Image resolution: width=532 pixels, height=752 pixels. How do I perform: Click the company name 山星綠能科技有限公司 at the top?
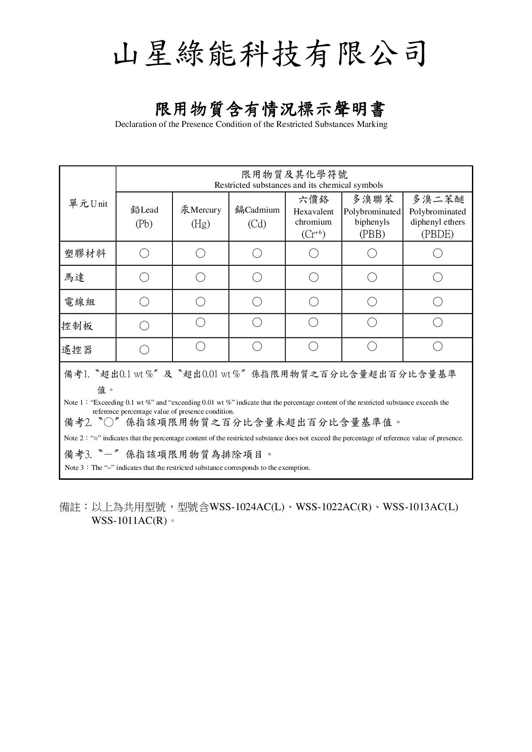click(270, 54)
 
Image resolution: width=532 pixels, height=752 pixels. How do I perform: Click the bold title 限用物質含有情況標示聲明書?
click(270, 110)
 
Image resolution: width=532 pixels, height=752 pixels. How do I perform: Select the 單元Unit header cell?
click(88, 204)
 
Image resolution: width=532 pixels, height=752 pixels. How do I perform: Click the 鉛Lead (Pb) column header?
click(144, 217)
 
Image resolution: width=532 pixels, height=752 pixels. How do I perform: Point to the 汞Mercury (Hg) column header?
click(200, 217)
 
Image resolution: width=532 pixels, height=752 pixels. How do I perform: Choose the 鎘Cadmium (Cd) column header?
click(257, 217)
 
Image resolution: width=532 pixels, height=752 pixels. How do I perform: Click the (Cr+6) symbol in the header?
click(313, 234)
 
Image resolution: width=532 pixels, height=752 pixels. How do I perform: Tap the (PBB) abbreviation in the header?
click(372, 234)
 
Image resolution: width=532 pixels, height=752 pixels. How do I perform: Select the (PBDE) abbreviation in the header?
click(437, 234)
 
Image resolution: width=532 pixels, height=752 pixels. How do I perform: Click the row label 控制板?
click(77, 326)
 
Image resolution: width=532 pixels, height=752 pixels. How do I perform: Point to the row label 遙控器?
click(77, 350)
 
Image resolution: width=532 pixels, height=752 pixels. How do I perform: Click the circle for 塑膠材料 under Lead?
click(144, 253)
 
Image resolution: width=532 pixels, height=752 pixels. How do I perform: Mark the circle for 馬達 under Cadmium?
click(257, 277)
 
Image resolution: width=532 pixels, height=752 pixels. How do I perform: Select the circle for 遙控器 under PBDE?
click(437, 346)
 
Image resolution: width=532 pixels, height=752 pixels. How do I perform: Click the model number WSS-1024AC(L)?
click(247, 507)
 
